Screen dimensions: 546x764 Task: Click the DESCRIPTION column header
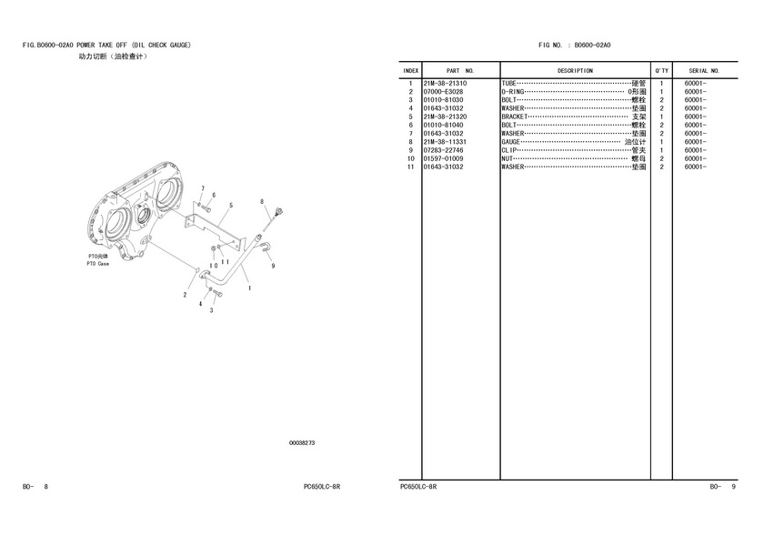pyautogui.click(x=575, y=70)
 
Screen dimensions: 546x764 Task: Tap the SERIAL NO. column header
pyautogui.click(x=704, y=70)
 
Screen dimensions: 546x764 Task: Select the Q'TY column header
pyautogui.click(x=661, y=70)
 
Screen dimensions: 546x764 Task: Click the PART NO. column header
pyautogui.click(x=460, y=70)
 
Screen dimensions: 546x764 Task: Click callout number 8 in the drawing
pyautogui.click(x=262, y=201)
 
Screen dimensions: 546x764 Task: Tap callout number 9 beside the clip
pyautogui.click(x=273, y=266)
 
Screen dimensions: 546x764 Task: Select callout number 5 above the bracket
pyautogui.click(x=231, y=205)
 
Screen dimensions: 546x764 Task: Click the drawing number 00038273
pyautogui.click(x=302, y=443)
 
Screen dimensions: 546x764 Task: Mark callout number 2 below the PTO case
pyautogui.click(x=185, y=295)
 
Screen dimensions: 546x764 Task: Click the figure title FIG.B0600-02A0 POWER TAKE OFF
pyautogui.click(x=106, y=45)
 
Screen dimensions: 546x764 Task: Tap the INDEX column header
pyautogui.click(x=411, y=70)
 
